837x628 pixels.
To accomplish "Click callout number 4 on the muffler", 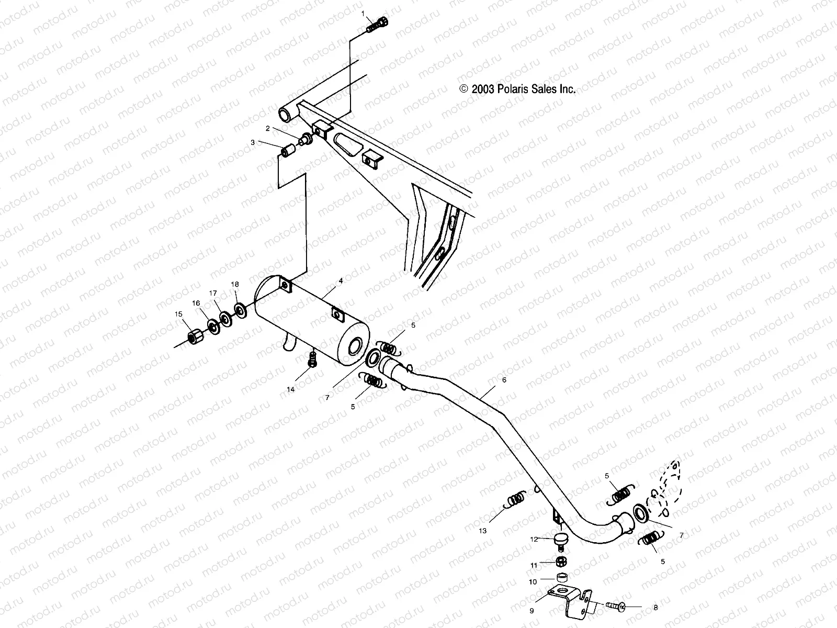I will tap(341, 281).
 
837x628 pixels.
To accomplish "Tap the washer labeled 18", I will tap(241, 310).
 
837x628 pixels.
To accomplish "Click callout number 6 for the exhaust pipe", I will tap(504, 380).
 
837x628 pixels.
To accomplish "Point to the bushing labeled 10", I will tap(562, 578).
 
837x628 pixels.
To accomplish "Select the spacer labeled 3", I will tap(288, 152).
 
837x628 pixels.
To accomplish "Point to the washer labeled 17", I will tap(226, 319).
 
